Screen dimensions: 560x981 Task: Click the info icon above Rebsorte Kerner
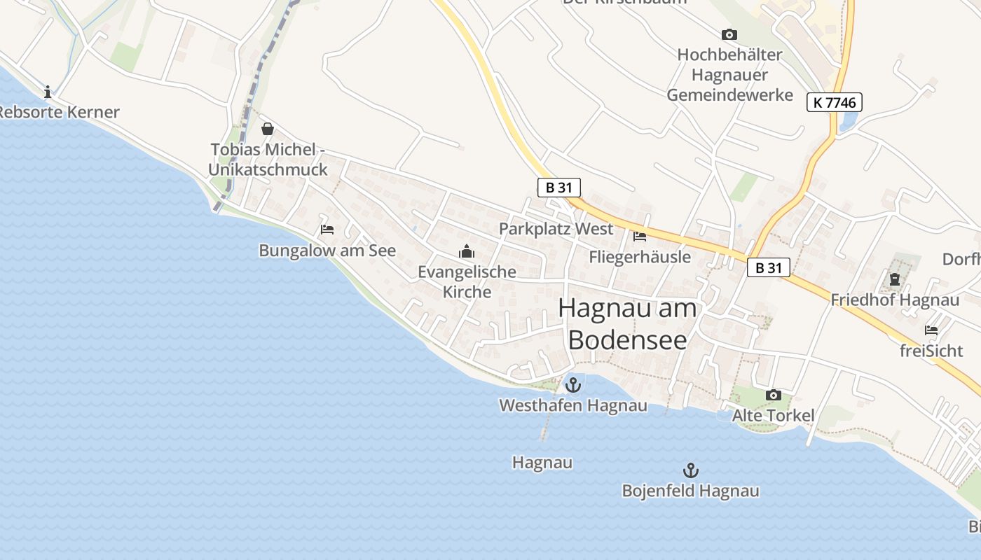click(x=48, y=92)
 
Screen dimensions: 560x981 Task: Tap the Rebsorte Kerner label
click(x=60, y=112)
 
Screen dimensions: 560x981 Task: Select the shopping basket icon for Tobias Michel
click(x=267, y=129)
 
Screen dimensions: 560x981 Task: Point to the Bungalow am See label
click(x=327, y=251)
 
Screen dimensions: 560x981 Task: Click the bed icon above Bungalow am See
click(x=327, y=229)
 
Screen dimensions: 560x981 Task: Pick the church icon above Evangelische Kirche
click(x=467, y=251)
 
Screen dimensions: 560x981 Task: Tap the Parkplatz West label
click(x=556, y=229)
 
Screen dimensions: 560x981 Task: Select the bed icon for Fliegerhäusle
click(x=639, y=237)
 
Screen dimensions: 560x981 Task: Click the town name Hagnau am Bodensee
click(x=628, y=323)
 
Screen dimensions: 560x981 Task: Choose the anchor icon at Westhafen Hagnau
click(x=573, y=385)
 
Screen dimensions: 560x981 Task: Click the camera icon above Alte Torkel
click(x=773, y=395)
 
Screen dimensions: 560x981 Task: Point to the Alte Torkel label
click(x=773, y=416)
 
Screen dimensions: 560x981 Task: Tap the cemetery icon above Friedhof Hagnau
click(x=895, y=279)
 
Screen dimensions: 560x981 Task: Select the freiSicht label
click(x=931, y=351)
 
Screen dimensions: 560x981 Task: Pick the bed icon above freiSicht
click(x=931, y=330)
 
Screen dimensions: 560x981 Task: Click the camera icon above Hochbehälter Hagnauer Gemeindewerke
click(x=729, y=34)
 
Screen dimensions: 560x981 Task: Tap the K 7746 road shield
click(x=834, y=102)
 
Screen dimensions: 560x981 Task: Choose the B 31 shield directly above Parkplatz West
click(x=559, y=187)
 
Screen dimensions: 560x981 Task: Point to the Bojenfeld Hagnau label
click(x=690, y=491)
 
